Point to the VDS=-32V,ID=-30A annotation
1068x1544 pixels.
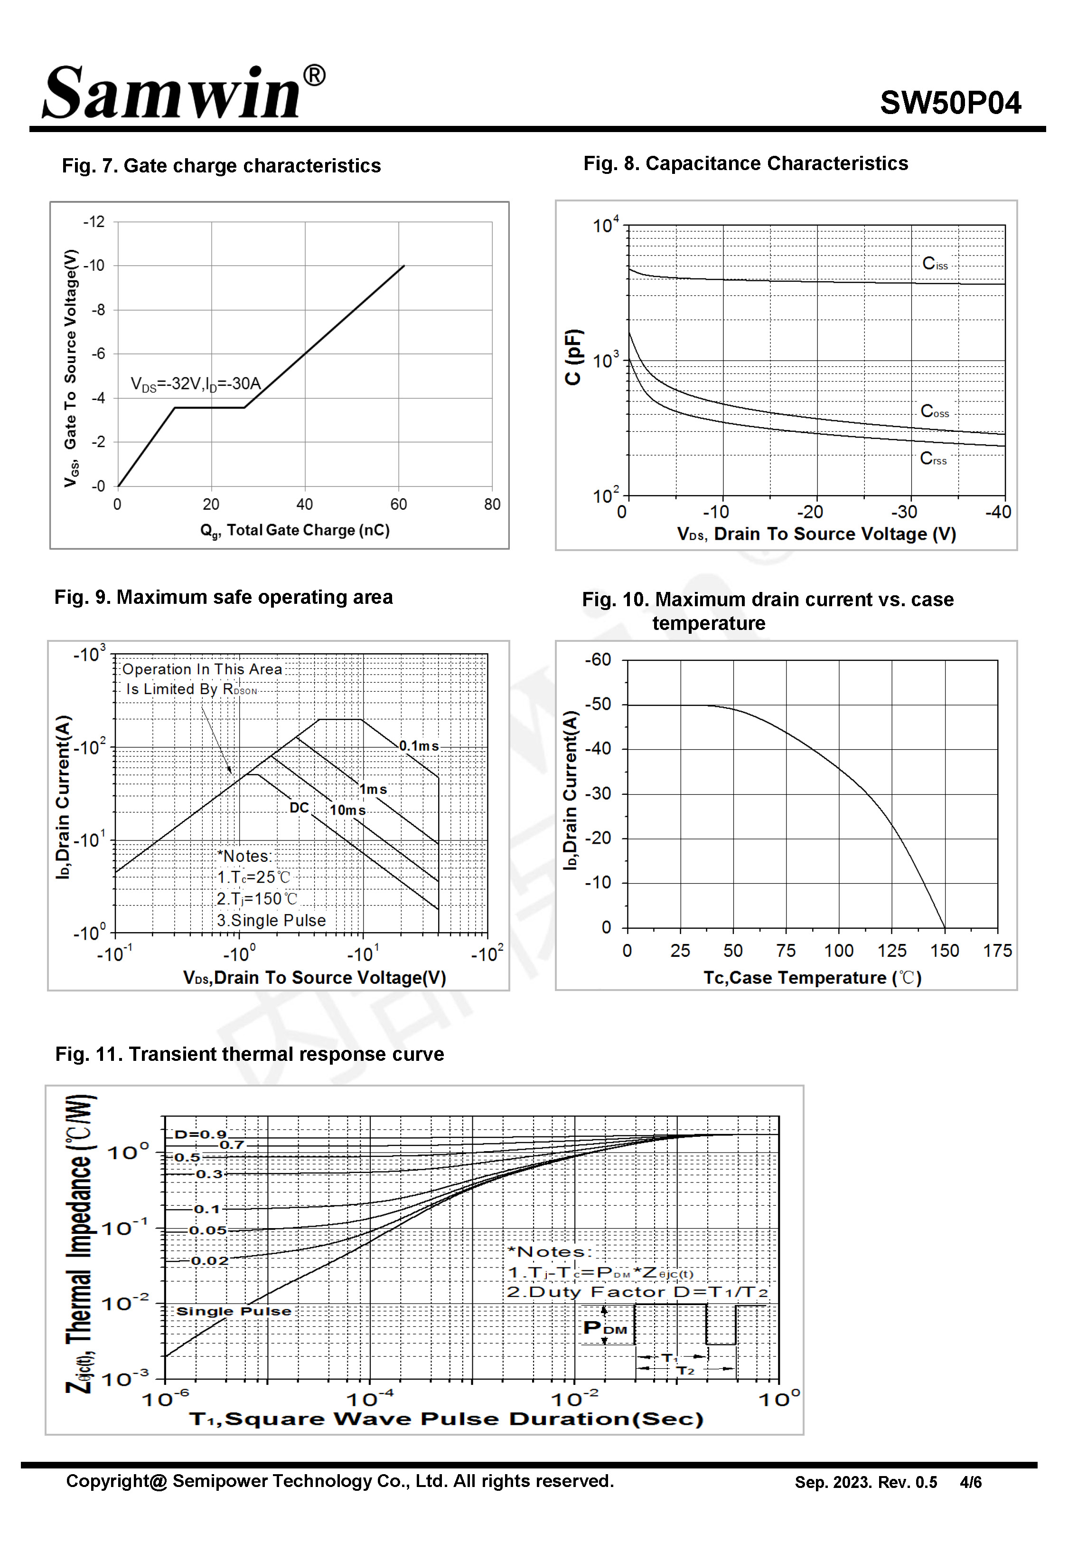(196, 384)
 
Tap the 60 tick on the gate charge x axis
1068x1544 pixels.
(398, 504)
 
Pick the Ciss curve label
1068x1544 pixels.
(935, 264)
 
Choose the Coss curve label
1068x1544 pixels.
(935, 411)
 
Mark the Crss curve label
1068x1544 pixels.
(933, 458)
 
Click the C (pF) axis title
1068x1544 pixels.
(573, 357)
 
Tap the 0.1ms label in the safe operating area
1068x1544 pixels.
(419, 746)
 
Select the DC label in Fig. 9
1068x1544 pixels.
(299, 808)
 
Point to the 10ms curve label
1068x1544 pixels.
(347, 810)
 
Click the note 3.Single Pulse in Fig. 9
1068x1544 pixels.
(271, 921)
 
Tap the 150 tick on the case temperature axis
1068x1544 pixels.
(944, 951)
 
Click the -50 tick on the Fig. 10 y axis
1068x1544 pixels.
(598, 705)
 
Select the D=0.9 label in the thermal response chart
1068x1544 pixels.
(200, 1134)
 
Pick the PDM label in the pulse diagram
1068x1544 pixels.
(605, 1328)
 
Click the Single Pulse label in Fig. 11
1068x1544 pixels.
(234, 1311)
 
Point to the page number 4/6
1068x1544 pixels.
(970, 1482)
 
